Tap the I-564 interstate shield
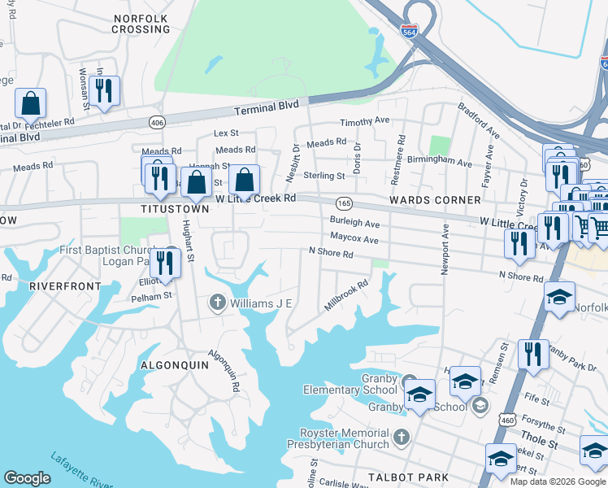click(411, 31)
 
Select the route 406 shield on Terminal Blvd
click(154, 122)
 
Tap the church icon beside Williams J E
click(216, 303)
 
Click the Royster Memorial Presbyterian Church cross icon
click(400, 438)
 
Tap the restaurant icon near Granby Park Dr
click(533, 353)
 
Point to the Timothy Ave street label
click(365, 121)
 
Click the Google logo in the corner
click(28, 478)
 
